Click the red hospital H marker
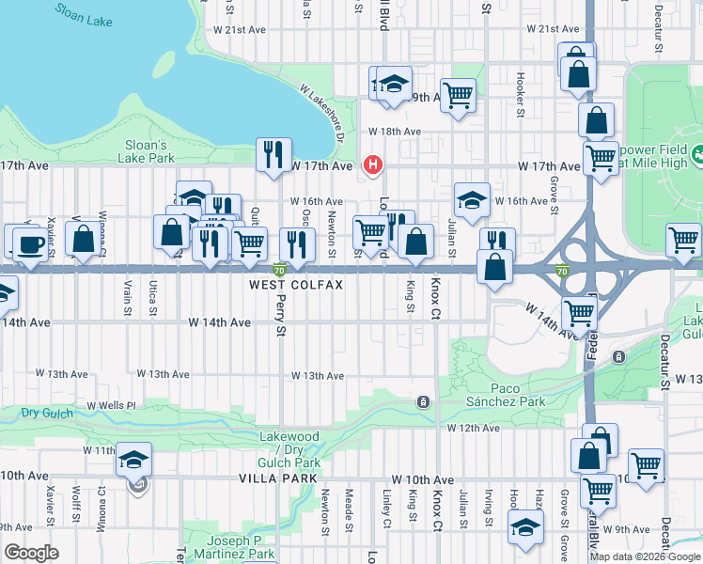pyautogui.click(x=373, y=165)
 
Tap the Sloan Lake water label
pyautogui.click(x=83, y=13)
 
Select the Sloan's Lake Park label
pyautogui.click(x=148, y=151)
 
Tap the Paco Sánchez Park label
pyautogui.click(x=505, y=394)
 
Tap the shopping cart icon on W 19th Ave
pyautogui.click(x=458, y=95)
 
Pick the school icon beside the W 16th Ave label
pyautogui.click(x=472, y=199)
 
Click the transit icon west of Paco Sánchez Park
pyautogui.click(x=424, y=402)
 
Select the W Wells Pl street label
pyautogui.click(x=112, y=405)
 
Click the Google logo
pyautogui.click(x=30, y=553)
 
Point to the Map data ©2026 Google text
pyautogui.click(x=645, y=556)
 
